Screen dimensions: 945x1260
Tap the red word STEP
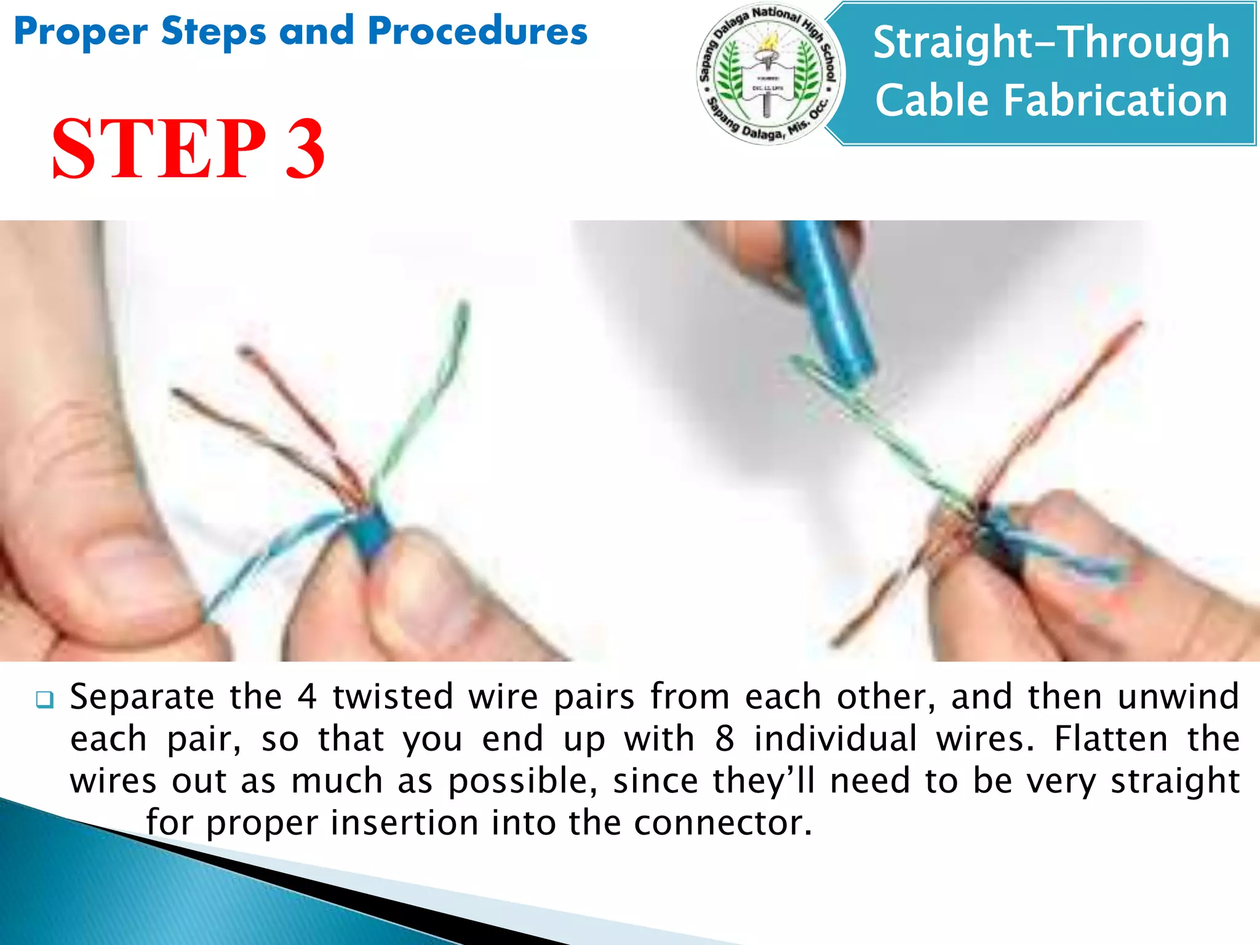159,149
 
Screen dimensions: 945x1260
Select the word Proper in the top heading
81,32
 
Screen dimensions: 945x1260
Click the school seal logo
770,74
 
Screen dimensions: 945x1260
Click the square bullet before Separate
44,699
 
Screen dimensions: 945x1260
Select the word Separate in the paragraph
142,697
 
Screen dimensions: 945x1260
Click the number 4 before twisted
307,696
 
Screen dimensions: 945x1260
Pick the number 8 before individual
725,738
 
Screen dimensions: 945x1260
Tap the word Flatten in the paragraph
1110,738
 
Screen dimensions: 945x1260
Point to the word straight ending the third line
1174,781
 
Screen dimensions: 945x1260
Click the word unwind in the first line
1178,696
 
